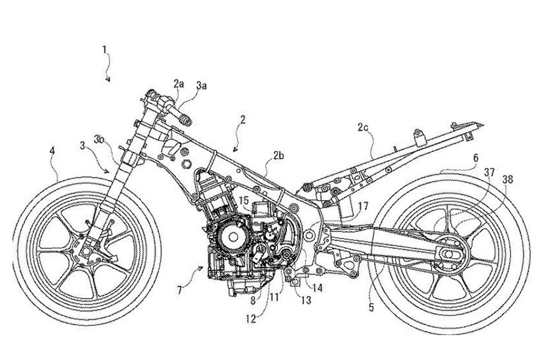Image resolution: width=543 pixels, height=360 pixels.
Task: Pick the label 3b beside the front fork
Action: point(99,138)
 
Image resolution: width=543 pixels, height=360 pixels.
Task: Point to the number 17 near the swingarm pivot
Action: point(362,204)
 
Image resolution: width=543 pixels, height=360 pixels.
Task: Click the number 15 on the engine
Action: point(244,201)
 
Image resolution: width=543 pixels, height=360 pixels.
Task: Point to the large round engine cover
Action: point(232,235)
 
